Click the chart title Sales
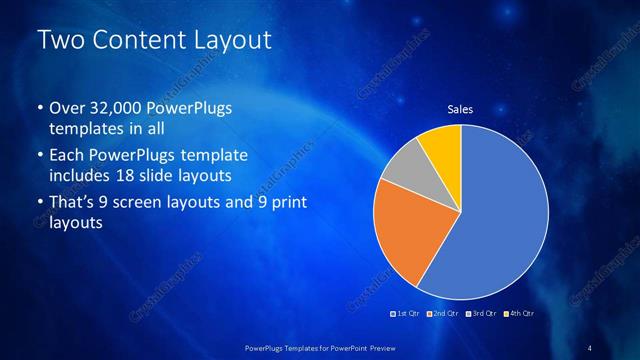460,110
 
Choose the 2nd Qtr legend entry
444,314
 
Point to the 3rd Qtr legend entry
481,314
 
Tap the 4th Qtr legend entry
518,314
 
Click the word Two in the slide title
58,41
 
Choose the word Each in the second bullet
66,157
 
